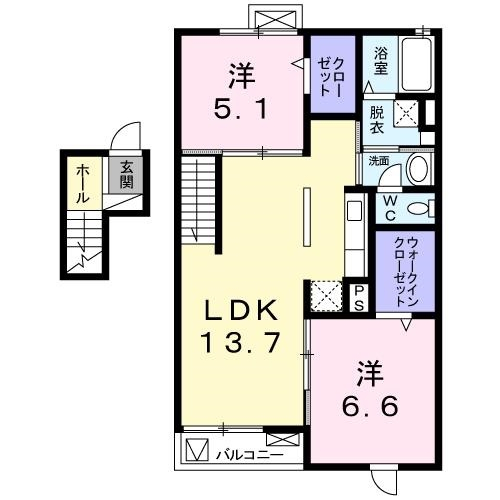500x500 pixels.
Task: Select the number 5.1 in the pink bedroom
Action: pos(241,110)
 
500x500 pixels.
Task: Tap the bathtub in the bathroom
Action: pos(417,65)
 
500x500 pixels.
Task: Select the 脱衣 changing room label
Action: pos(377,120)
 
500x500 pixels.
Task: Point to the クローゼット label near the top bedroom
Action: pos(331,76)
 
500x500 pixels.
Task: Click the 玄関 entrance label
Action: pos(126,175)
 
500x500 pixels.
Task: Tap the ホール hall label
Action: pos(82,184)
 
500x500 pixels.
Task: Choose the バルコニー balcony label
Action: pos(250,454)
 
